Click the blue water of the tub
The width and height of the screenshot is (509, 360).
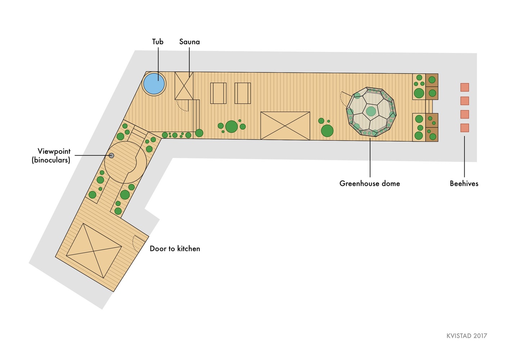[x=154, y=84]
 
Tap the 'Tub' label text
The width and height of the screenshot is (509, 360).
[x=158, y=42]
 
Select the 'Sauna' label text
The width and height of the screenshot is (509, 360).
[x=189, y=42]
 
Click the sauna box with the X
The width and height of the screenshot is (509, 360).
[x=184, y=86]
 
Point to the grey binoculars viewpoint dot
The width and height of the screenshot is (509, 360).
[x=111, y=156]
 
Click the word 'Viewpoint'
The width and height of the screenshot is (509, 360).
[x=54, y=151]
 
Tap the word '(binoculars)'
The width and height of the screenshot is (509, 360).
[x=51, y=160]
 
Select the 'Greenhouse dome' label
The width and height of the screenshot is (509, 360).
[x=370, y=183]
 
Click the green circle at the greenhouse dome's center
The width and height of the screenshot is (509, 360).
[x=371, y=111]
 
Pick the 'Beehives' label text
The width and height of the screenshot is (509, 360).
[x=464, y=183]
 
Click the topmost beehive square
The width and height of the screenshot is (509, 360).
[x=465, y=87]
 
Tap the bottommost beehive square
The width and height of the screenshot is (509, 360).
[x=465, y=128]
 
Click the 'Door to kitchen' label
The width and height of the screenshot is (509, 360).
[x=175, y=249]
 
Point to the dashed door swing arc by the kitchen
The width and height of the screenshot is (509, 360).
[x=135, y=244]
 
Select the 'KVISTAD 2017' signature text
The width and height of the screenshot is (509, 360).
[x=467, y=336]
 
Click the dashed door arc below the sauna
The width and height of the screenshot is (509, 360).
[x=183, y=106]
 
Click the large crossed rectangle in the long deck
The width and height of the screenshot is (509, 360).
[x=285, y=126]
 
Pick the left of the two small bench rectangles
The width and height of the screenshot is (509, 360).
[x=219, y=93]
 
